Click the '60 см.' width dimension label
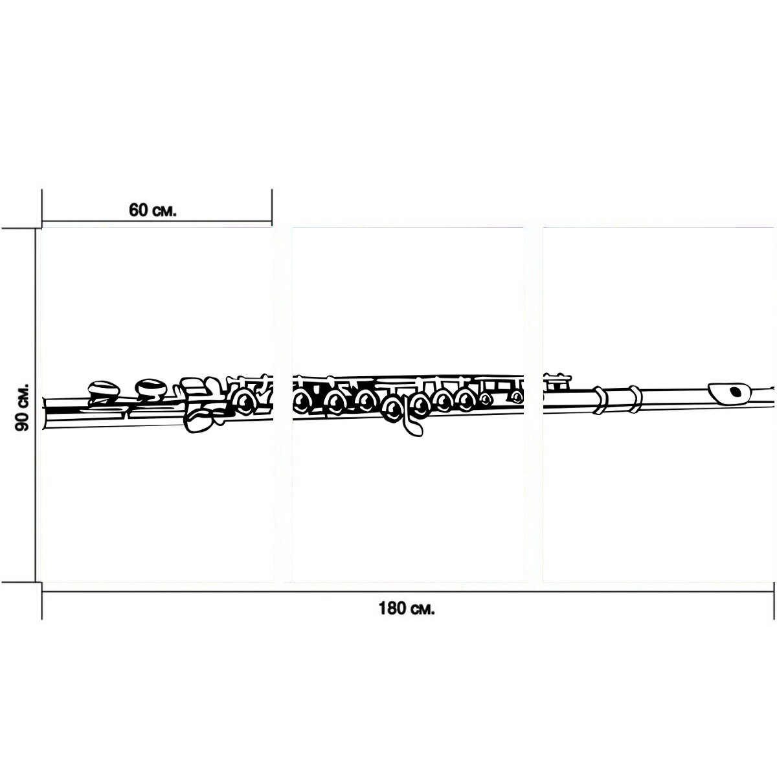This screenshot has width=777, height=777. pos(152,210)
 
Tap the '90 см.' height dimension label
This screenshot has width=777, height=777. pos(22,407)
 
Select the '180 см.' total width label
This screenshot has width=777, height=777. pos(407,609)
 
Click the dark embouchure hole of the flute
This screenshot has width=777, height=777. pos(735,391)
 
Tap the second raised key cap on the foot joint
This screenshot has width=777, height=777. pos(151,387)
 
